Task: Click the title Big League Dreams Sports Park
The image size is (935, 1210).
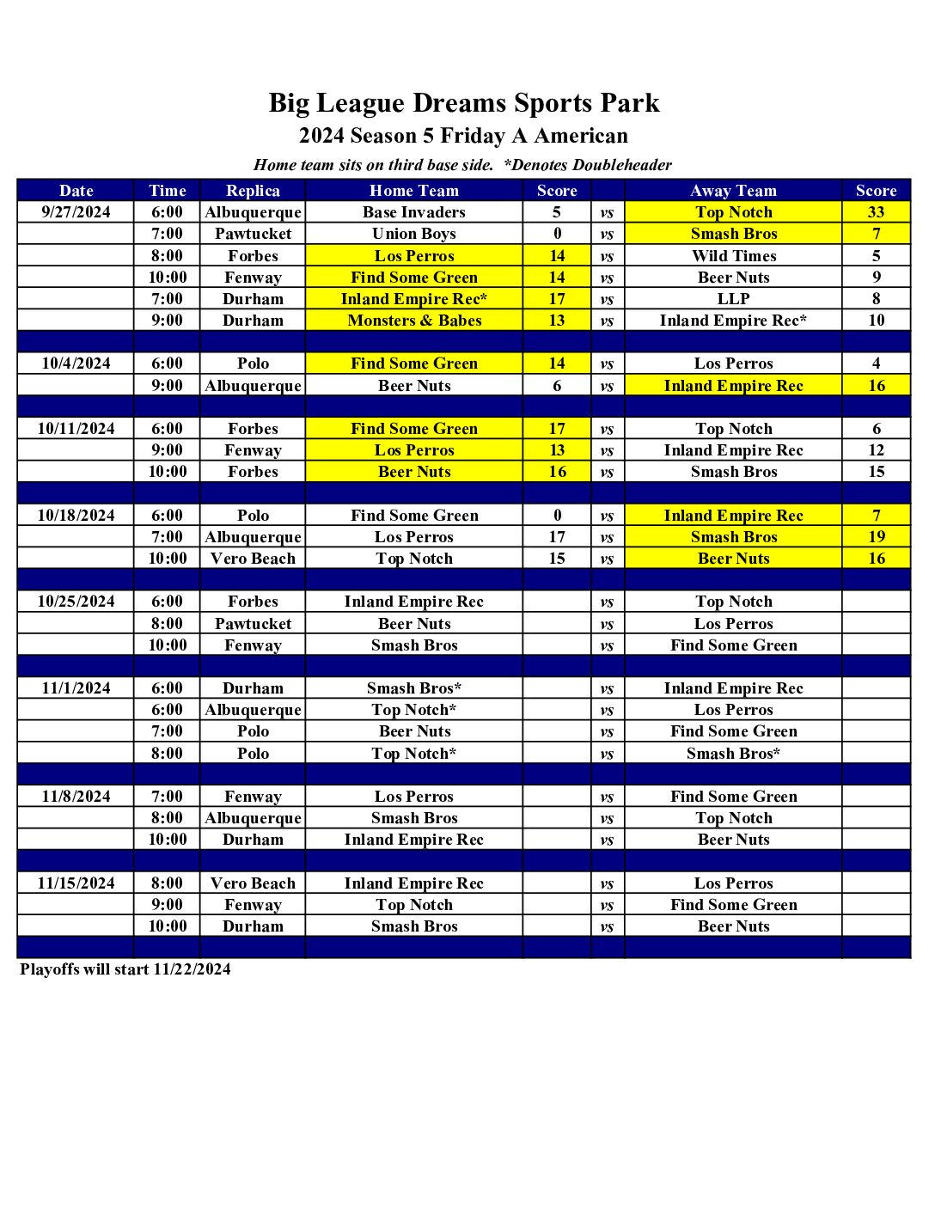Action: (463, 103)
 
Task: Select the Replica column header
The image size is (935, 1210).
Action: (253, 191)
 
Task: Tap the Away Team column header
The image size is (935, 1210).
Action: (733, 191)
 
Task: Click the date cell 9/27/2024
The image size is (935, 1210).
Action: (76, 212)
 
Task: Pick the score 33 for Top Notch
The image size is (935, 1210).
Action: (876, 212)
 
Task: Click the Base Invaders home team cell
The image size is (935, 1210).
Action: (413, 212)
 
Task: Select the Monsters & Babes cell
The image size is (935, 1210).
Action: (413, 321)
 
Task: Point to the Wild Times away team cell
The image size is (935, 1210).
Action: (733, 256)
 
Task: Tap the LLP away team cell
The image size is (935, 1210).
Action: (733, 299)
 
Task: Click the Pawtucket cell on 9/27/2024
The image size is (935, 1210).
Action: (253, 234)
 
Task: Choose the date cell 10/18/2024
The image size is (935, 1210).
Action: (76, 516)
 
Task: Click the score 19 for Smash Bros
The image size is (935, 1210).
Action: (876, 537)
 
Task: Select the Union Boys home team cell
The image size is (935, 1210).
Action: (413, 234)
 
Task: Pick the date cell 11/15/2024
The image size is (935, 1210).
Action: (76, 883)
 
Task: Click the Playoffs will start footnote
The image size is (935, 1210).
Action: (125, 969)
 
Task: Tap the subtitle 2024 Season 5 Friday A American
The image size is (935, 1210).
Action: (463, 136)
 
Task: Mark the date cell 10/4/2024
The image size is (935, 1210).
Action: (76, 364)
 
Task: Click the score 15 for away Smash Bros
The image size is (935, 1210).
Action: (876, 472)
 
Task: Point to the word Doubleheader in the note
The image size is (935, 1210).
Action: (622, 165)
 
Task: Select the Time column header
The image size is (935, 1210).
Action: (167, 191)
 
